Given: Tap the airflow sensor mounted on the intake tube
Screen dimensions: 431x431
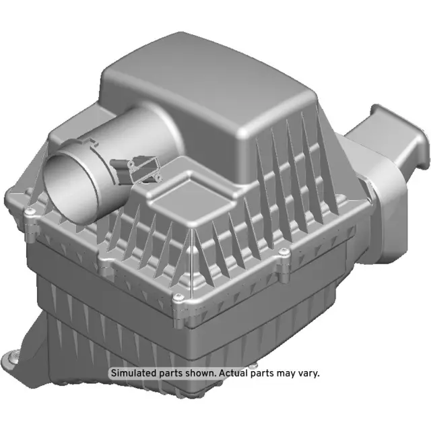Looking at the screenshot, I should click(139, 169).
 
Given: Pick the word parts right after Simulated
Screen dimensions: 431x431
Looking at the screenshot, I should click(168, 372).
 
